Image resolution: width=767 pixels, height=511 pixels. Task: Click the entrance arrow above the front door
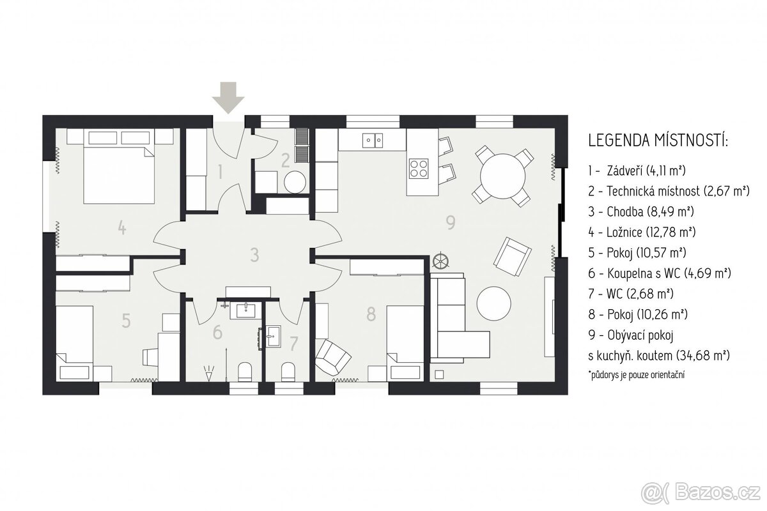(x=228, y=98)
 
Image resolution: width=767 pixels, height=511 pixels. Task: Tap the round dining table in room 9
(x=502, y=176)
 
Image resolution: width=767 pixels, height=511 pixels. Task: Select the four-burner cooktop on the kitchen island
(x=419, y=169)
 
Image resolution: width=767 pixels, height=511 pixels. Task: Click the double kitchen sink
(x=373, y=141)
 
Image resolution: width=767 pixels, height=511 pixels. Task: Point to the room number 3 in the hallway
(x=254, y=255)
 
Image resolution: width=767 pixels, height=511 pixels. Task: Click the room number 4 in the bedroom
(x=122, y=227)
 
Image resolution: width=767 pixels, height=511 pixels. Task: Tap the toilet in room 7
(x=288, y=372)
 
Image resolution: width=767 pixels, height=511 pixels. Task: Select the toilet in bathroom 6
(x=245, y=372)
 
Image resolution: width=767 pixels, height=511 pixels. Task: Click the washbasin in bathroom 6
(x=245, y=310)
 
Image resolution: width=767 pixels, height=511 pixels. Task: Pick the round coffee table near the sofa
(x=493, y=303)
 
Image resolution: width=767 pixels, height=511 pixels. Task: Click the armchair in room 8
(x=333, y=357)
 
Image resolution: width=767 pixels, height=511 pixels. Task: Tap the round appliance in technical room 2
(x=295, y=182)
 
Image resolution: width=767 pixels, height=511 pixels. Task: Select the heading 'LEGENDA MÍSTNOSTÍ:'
(x=658, y=141)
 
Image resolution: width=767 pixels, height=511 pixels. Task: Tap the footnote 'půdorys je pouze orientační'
(x=636, y=374)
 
